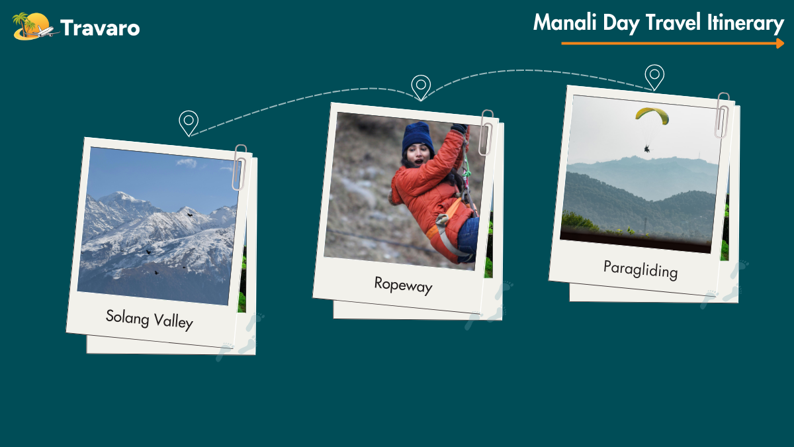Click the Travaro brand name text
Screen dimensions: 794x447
(x=100, y=28)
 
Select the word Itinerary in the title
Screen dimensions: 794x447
(x=746, y=23)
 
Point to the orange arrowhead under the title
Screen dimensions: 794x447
(x=780, y=43)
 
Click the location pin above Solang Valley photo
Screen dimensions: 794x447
(x=189, y=123)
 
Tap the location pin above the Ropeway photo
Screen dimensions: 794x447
(x=421, y=87)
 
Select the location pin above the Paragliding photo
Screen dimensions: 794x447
(x=654, y=77)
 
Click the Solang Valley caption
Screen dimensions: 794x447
(x=150, y=320)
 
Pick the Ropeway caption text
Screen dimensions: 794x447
(x=404, y=285)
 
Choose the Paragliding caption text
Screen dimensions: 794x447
(x=640, y=270)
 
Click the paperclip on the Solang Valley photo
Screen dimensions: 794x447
(x=240, y=167)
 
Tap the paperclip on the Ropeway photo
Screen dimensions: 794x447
(x=486, y=132)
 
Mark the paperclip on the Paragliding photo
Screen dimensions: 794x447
(x=722, y=115)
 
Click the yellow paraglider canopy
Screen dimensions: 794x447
(x=652, y=115)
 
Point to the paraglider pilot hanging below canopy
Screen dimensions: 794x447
(x=647, y=148)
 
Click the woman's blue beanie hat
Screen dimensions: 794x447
(x=418, y=137)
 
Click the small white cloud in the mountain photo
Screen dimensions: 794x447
(x=187, y=163)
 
